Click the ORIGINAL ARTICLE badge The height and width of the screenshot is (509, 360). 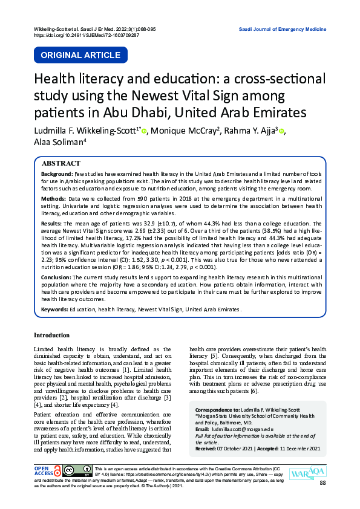point(80,55)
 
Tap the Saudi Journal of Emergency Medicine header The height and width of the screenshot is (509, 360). point(283,29)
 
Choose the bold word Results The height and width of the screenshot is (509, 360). point(51,222)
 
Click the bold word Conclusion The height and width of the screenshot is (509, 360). point(56,277)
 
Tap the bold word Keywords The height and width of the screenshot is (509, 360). point(54,309)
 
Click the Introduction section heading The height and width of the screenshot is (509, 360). point(52,335)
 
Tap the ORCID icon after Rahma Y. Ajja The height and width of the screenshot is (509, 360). point(283,131)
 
